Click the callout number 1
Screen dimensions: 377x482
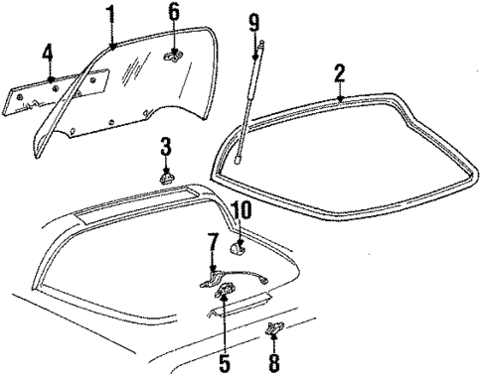click(112, 14)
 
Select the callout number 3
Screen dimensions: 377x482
click(166, 147)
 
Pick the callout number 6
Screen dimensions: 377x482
click(173, 14)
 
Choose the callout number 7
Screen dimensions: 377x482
click(213, 243)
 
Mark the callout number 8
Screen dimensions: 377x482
click(274, 360)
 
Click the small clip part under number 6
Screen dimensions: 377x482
click(170, 59)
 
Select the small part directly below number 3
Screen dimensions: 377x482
click(167, 178)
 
